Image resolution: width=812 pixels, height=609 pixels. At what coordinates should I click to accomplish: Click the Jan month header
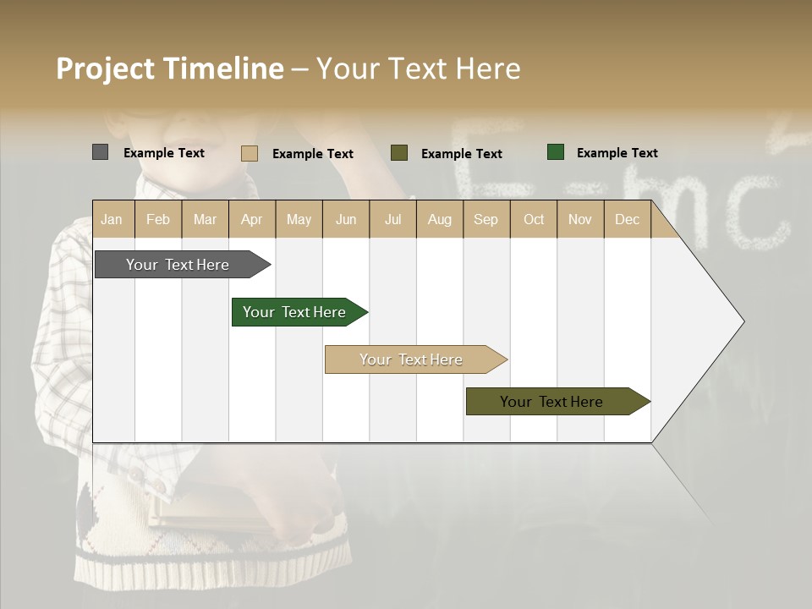click(112, 219)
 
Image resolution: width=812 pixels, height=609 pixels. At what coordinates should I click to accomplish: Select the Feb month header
click(158, 219)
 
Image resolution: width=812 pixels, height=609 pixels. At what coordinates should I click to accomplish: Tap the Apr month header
click(251, 219)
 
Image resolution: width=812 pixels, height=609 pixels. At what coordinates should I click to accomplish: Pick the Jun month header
click(346, 219)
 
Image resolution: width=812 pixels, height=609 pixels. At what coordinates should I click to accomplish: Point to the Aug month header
click(439, 219)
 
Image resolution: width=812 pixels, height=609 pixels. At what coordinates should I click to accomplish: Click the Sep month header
click(486, 219)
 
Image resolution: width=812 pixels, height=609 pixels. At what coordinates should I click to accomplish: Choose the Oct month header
click(534, 219)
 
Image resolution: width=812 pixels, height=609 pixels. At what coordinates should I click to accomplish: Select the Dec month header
click(627, 219)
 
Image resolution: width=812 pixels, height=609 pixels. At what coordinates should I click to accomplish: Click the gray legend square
click(100, 152)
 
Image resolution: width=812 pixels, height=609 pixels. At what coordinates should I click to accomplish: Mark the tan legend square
click(249, 153)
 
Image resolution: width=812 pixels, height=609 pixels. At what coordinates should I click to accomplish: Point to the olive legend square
click(399, 153)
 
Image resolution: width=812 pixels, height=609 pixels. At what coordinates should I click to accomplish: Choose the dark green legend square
click(556, 152)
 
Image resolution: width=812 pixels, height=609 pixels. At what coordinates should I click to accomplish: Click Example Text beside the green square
click(617, 153)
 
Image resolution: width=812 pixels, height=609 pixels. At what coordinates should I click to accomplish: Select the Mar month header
click(205, 219)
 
